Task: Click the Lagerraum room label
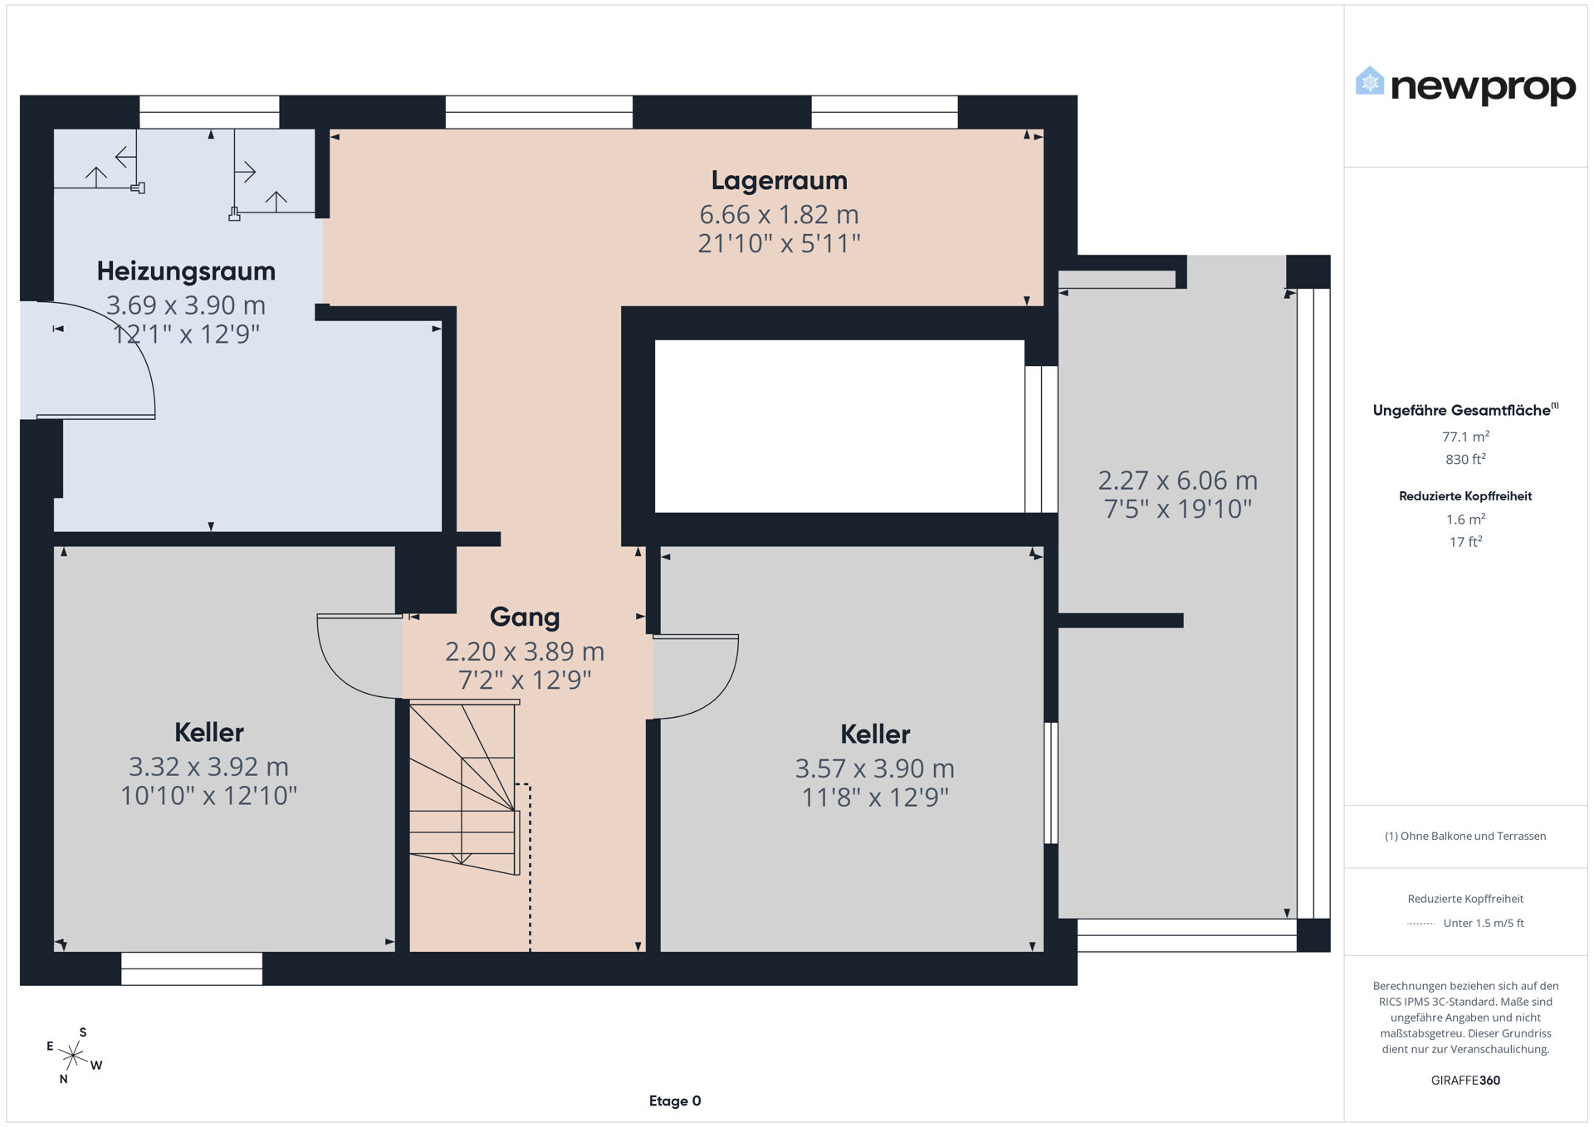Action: (779, 180)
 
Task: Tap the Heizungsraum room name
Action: (186, 271)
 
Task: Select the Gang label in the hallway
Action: (525, 617)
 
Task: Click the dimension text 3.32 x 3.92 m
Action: (208, 766)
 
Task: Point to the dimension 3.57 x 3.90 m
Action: (875, 768)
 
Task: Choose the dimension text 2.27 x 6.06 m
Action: (1177, 480)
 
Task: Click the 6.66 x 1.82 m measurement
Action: (779, 214)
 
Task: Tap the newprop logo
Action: (1465, 85)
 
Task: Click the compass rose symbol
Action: (74, 1056)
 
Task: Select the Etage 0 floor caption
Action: (675, 1101)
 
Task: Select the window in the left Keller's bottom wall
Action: (192, 968)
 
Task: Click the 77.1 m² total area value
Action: (1465, 436)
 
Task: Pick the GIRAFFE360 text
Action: (1465, 1081)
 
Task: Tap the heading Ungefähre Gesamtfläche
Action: (1465, 410)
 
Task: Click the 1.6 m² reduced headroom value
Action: (1465, 519)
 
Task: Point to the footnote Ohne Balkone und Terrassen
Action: (1465, 836)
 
